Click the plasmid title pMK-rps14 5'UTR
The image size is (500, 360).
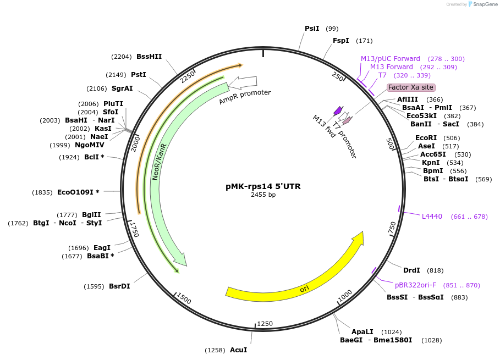click(x=263, y=186)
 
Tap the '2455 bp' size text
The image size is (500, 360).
click(x=263, y=195)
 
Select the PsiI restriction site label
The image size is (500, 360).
click(x=312, y=29)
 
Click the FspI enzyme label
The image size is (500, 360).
click(x=341, y=41)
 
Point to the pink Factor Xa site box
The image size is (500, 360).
click(x=411, y=87)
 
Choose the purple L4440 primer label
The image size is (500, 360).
click(x=432, y=217)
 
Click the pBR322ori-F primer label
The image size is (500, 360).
click(x=415, y=285)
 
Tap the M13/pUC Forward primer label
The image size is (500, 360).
click(x=391, y=59)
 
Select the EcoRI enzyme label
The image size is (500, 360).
click(x=426, y=138)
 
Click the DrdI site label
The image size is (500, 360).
click(x=411, y=270)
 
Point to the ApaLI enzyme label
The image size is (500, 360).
click(x=362, y=332)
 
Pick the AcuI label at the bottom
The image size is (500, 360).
click(x=238, y=350)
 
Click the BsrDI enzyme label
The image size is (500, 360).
click(x=119, y=286)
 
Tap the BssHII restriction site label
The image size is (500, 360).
click(x=149, y=56)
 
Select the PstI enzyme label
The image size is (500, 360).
click(x=139, y=75)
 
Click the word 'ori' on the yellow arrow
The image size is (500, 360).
click(x=304, y=289)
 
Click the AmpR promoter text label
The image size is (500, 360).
click(x=245, y=96)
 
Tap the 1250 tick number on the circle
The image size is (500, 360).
click(x=265, y=324)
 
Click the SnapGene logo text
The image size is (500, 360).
click(x=483, y=4)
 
